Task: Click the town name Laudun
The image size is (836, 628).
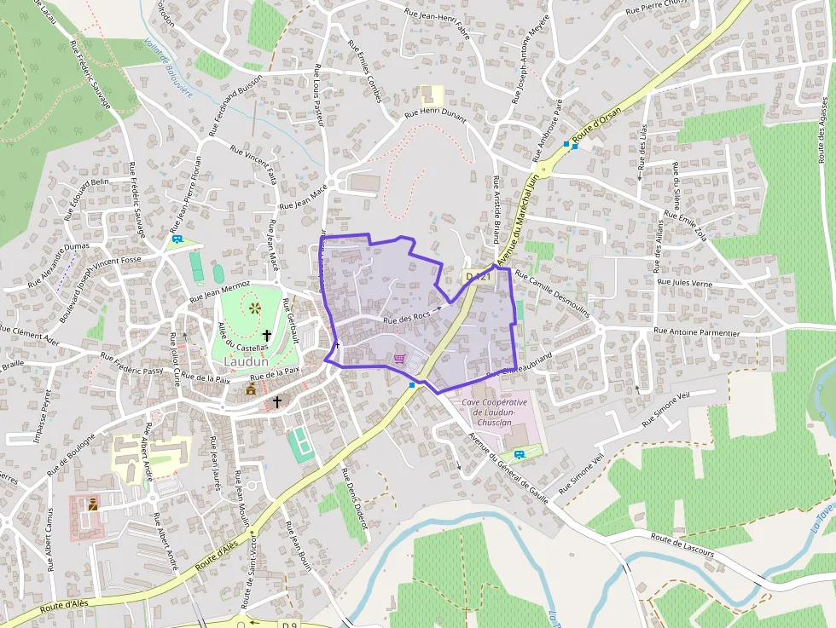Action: (246, 361)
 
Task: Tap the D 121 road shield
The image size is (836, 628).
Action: (479, 277)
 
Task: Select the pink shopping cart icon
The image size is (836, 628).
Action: (399, 359)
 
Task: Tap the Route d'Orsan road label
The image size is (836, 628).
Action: (596, 128)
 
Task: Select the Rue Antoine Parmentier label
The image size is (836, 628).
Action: (695, 330)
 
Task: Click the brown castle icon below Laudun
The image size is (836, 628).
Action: (251, 389)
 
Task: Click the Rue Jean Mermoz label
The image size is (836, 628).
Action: (219, 291)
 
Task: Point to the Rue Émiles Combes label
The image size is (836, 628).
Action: (363, 72)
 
